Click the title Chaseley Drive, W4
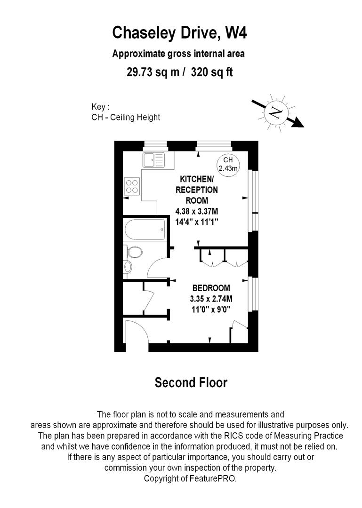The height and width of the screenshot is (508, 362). [179, 33]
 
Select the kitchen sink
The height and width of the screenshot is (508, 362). [153, 160]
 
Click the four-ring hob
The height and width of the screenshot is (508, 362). [132, 186]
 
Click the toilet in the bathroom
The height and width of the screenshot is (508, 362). [135, 253]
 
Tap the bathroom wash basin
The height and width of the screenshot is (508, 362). [128, 267]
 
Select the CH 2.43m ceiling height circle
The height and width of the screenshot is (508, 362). [228, 164]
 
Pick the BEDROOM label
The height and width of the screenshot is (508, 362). [211, 288]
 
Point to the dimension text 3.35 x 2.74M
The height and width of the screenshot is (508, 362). [211, 299]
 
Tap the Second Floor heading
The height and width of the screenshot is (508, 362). [191, 383]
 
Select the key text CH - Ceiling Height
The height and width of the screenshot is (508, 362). [126, 117]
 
